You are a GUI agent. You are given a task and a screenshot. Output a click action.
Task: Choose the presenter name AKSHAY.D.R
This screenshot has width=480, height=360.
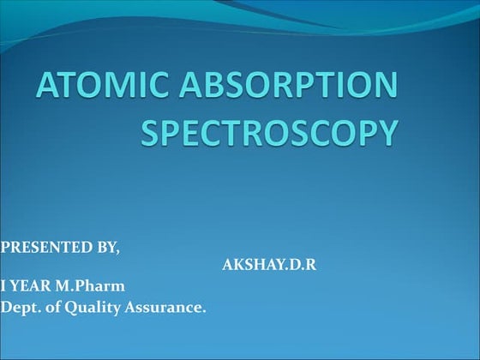click(x=269, y=265)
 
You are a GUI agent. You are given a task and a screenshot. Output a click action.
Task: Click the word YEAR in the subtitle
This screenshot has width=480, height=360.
click(x=32, y=285)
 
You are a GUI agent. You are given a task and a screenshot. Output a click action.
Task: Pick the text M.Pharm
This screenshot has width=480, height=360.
click(x=85, y=285)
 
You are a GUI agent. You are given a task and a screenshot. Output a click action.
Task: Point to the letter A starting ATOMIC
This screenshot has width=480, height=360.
click(x=49, y=87)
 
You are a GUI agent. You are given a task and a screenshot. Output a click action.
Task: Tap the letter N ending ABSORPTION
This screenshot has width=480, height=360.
click(x=384, y=87)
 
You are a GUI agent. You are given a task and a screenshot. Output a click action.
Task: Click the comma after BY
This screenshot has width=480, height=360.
click(x=119, y=251)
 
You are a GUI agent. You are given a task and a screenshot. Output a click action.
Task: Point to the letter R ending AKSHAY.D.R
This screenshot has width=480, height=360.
click(x=311, y=265)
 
